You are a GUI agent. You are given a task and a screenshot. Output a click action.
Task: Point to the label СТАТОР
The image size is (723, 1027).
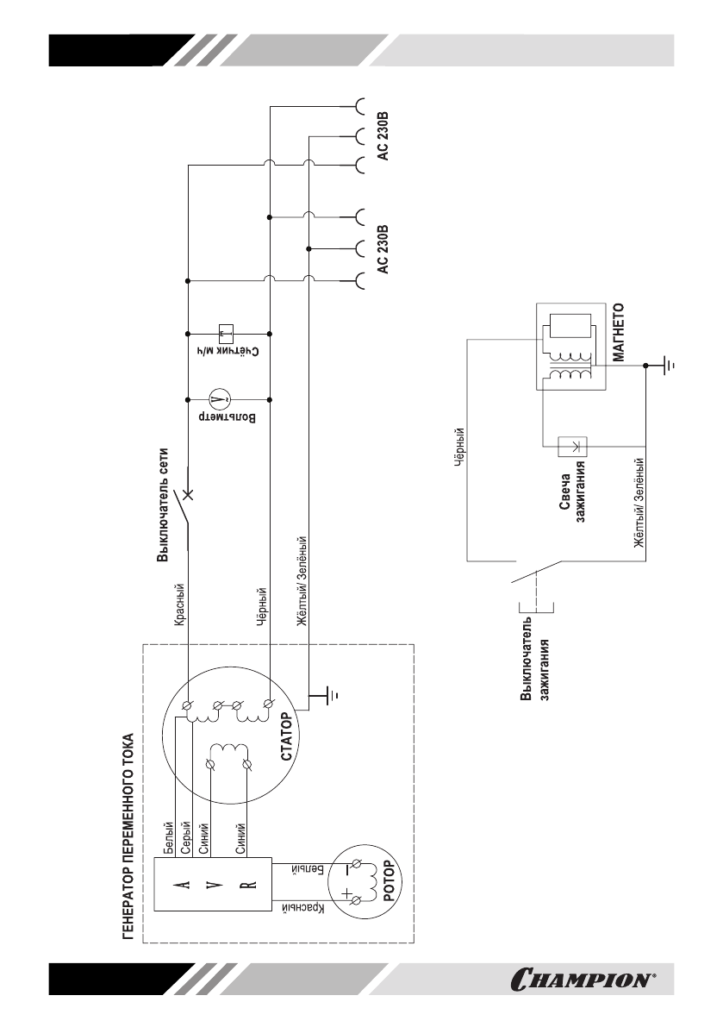289,737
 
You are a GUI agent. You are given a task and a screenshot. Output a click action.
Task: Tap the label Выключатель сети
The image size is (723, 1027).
163,505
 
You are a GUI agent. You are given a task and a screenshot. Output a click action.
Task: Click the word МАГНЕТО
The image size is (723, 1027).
619,333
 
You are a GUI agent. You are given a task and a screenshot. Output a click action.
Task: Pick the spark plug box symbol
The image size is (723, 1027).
571,447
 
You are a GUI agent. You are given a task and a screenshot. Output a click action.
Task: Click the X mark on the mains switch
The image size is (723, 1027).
189,492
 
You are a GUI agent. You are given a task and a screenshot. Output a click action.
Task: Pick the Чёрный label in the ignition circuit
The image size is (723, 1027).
459,448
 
